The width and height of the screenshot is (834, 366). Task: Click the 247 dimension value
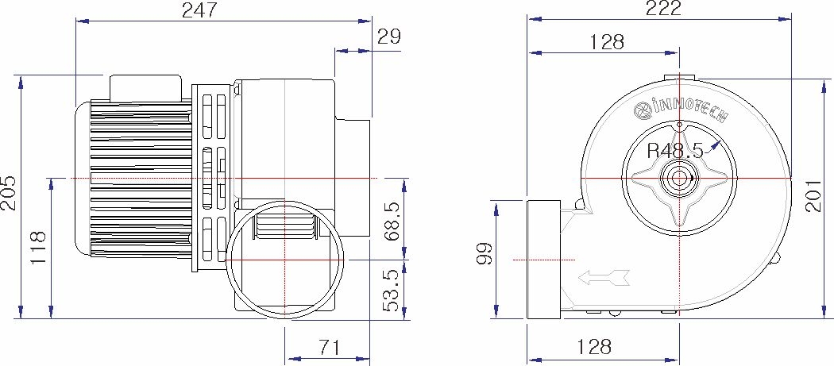[200, 10]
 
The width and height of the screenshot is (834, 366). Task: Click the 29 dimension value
[389, 37]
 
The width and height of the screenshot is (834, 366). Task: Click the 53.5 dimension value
[392, 290]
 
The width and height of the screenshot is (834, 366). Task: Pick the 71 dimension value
[330, 348]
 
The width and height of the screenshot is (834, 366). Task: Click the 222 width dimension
[662, 9]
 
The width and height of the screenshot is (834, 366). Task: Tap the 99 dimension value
[484, 254]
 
